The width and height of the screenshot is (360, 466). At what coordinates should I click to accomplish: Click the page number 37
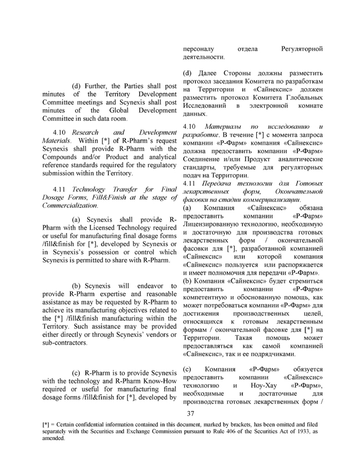190,414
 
